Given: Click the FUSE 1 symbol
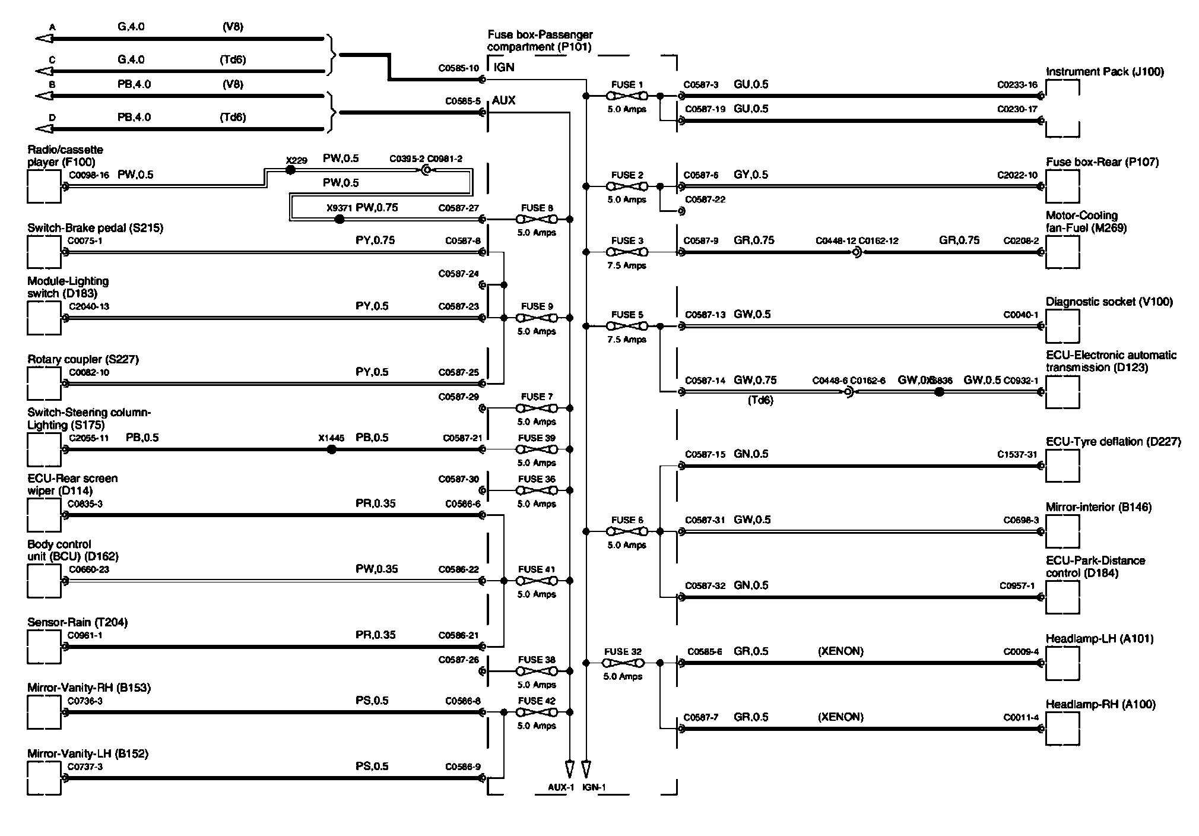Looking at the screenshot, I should (x=627, y=96).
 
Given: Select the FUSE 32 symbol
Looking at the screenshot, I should (x=623, y=663).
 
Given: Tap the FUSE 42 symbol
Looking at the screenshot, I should (x=537, y=712).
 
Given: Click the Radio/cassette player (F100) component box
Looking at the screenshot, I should (x=44, y=186).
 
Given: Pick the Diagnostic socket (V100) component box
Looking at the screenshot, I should (x=1062, y=326).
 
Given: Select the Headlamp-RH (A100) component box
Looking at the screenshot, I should (x=1062, y=729).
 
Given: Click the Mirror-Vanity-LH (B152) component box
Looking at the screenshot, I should (x=44, y=778).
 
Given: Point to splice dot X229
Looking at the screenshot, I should (x=290, y=170).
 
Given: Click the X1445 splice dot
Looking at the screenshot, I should (x=332, y=449).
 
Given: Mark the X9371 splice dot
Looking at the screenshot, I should (x=340, y=219).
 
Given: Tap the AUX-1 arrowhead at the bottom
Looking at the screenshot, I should (x=569, y=769).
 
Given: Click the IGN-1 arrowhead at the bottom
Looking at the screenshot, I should (x=586, y=769).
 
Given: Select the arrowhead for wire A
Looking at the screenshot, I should (x=45, y=39).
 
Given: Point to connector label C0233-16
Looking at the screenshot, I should (x=1017, y=85).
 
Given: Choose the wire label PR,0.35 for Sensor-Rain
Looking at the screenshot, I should (x=375, y=635).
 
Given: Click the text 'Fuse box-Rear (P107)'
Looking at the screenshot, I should (x=1102, y=162).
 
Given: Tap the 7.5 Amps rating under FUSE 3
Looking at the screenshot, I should (x=626, y=265).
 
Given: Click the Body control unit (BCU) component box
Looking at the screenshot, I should (x=44, y=581).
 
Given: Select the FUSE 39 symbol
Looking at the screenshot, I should (x=537, y=449).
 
